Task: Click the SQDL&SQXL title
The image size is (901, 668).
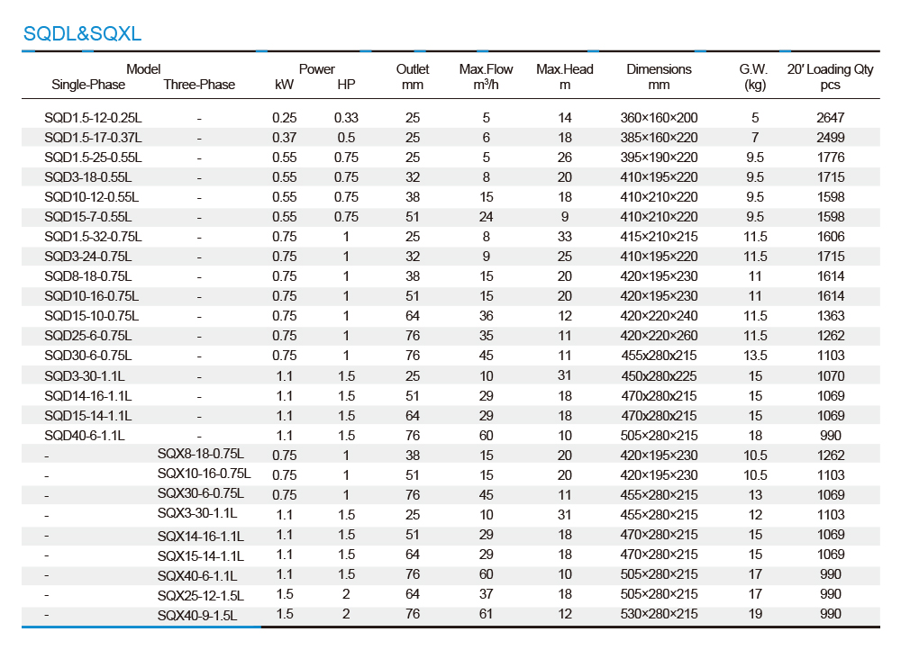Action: (x=82, y=33)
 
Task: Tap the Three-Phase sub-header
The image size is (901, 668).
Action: (x=199, y=85)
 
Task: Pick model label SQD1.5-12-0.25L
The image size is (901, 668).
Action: (x=93, y=118)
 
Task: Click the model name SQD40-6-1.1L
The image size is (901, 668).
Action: (x=85, y=436)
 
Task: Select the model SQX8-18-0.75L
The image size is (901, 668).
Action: (x=201, y=454)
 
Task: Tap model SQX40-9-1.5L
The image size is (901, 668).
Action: (x=197, y=616)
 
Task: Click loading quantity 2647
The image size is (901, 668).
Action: (x=831, y=118)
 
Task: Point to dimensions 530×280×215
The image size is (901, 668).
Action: (x=660, y=613)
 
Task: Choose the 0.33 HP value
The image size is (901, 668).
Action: (x=347, y=118)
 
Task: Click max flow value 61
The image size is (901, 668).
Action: (x=487, y=613)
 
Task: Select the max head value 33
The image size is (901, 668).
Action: (x=565, y=237)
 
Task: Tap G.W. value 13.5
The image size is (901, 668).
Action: (x=755, y=356)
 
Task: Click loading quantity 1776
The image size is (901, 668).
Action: (x=831, y=158)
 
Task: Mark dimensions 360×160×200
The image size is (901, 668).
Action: (x=660, y=118)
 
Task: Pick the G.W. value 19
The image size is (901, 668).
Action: (x=755, y=613)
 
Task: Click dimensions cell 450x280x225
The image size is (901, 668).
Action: (x=660, y=376)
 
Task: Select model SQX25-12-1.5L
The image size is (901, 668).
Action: (x=201, y=596)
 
